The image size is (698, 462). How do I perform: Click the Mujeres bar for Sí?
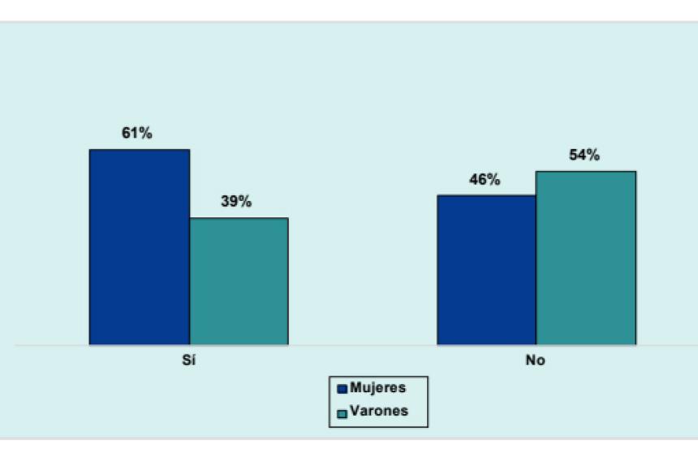[139, 247]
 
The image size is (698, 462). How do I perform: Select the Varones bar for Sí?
[239, 281]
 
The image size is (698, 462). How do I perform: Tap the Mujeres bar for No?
[486, 270]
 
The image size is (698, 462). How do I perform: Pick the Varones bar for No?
[585, 258]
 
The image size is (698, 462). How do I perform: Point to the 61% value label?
[137, 134]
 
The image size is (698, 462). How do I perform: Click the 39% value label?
[236, 202]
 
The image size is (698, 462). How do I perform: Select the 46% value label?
[485, 180]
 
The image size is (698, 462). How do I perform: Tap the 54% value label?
[584, 156]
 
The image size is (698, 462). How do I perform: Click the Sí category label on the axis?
[188, 361]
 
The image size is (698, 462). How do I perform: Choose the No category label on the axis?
[535, 361]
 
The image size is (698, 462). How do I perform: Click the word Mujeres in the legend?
[377, 388]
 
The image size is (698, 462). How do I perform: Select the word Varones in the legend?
[378, 411]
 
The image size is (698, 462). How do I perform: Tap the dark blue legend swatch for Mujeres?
[343, 390]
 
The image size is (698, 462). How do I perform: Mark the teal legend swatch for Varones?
[343, 413]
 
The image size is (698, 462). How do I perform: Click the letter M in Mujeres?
[355, 388]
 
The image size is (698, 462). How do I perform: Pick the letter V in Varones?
[354, 411]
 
